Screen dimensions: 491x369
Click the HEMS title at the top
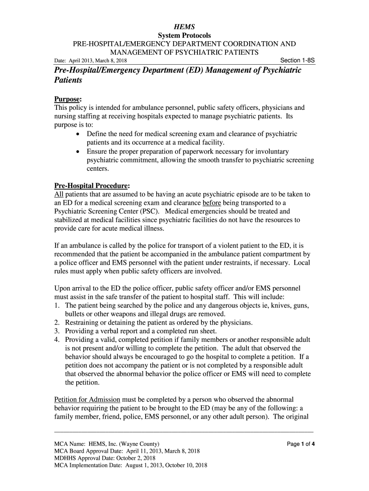[184, 26]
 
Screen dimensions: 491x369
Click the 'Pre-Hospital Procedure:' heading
[92, 186]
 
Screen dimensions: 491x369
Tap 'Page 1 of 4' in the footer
[300, 444]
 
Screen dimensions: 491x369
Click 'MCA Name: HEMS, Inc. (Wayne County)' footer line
[107, 444]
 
